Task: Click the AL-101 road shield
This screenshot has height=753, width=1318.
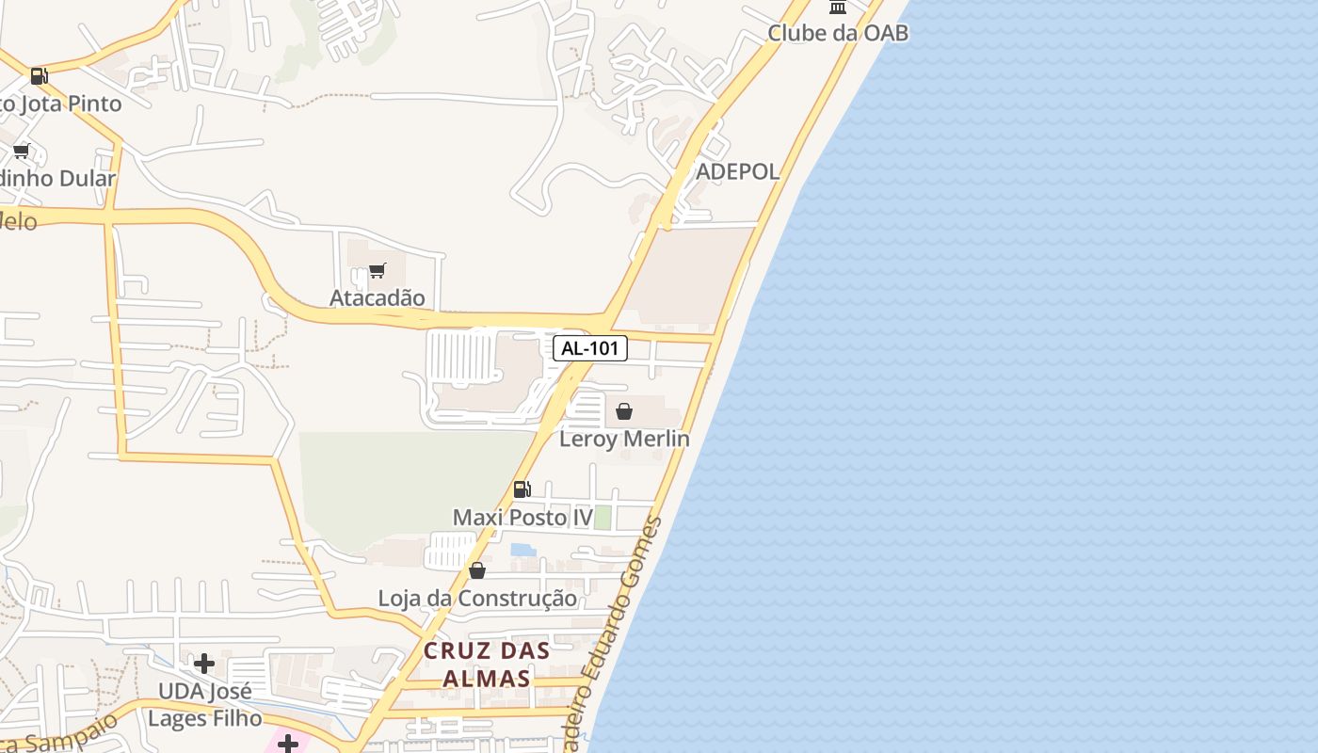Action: [589, 348]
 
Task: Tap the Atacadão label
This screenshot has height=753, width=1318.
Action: [377, 297]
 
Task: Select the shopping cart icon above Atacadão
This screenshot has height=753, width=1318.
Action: [377, 271]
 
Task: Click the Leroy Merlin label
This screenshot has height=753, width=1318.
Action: [624, 439]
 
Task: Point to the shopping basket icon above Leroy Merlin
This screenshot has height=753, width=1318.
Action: [623, 411]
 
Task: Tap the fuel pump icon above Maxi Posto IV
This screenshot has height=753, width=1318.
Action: [522, 489]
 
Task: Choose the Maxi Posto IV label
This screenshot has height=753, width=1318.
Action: [522, 517]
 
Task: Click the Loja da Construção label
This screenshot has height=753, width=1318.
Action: [477, 598]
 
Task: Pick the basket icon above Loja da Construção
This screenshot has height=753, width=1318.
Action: [477, 570]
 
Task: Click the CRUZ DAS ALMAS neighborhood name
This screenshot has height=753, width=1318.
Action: [487, 664]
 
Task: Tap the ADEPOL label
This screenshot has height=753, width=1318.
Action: [737, 171]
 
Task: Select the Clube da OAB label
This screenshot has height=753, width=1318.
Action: [838, 33]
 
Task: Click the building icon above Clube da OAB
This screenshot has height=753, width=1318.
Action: [837, 8]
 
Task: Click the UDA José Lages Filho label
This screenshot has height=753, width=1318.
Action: [205, 705]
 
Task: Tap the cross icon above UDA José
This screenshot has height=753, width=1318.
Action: [203, 664]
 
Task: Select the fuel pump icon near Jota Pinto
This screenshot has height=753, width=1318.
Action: [39, 76]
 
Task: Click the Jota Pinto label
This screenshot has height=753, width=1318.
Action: [60, 104]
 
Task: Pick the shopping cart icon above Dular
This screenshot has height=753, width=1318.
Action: [22, 152]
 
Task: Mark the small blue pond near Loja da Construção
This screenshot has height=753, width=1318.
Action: [522, 549]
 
